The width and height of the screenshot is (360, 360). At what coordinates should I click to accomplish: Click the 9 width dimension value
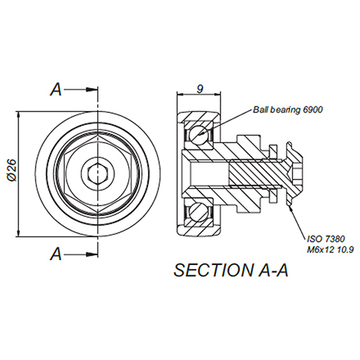pyautogui.click(x=201, y=89)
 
